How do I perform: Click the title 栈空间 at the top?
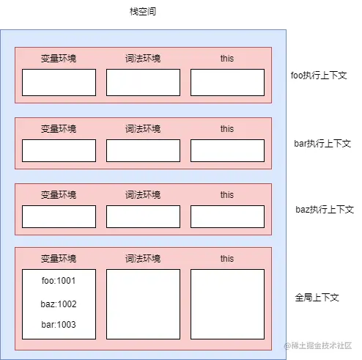[142, 12]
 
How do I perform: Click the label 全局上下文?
[317, 298]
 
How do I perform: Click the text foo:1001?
[59, 280]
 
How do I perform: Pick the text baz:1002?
[59, 304]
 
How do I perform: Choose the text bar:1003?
[59, 325]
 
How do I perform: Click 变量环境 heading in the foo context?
[59, 58]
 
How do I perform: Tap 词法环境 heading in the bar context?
[143, 129]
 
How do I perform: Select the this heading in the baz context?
[227, 195]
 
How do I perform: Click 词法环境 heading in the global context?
[143, 259]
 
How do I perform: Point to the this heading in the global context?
[227, 259]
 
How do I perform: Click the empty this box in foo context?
[227, 82]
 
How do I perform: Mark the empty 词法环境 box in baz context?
[143, 216]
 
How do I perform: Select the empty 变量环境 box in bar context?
[59, 150]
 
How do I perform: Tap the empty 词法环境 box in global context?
[143, 304]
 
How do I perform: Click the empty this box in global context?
[227, 304]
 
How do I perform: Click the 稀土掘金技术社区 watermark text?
[322, 345]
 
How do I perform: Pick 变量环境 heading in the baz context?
[59, 195]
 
